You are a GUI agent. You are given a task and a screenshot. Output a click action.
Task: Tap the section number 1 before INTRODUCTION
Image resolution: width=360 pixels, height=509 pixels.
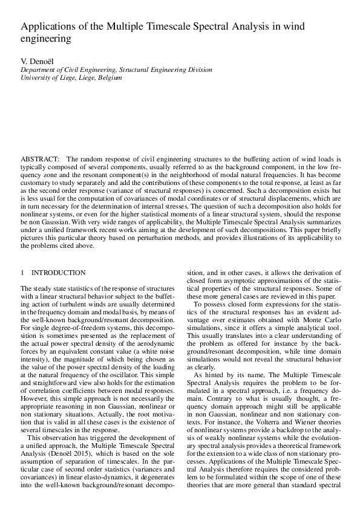(x=22, y=273)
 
